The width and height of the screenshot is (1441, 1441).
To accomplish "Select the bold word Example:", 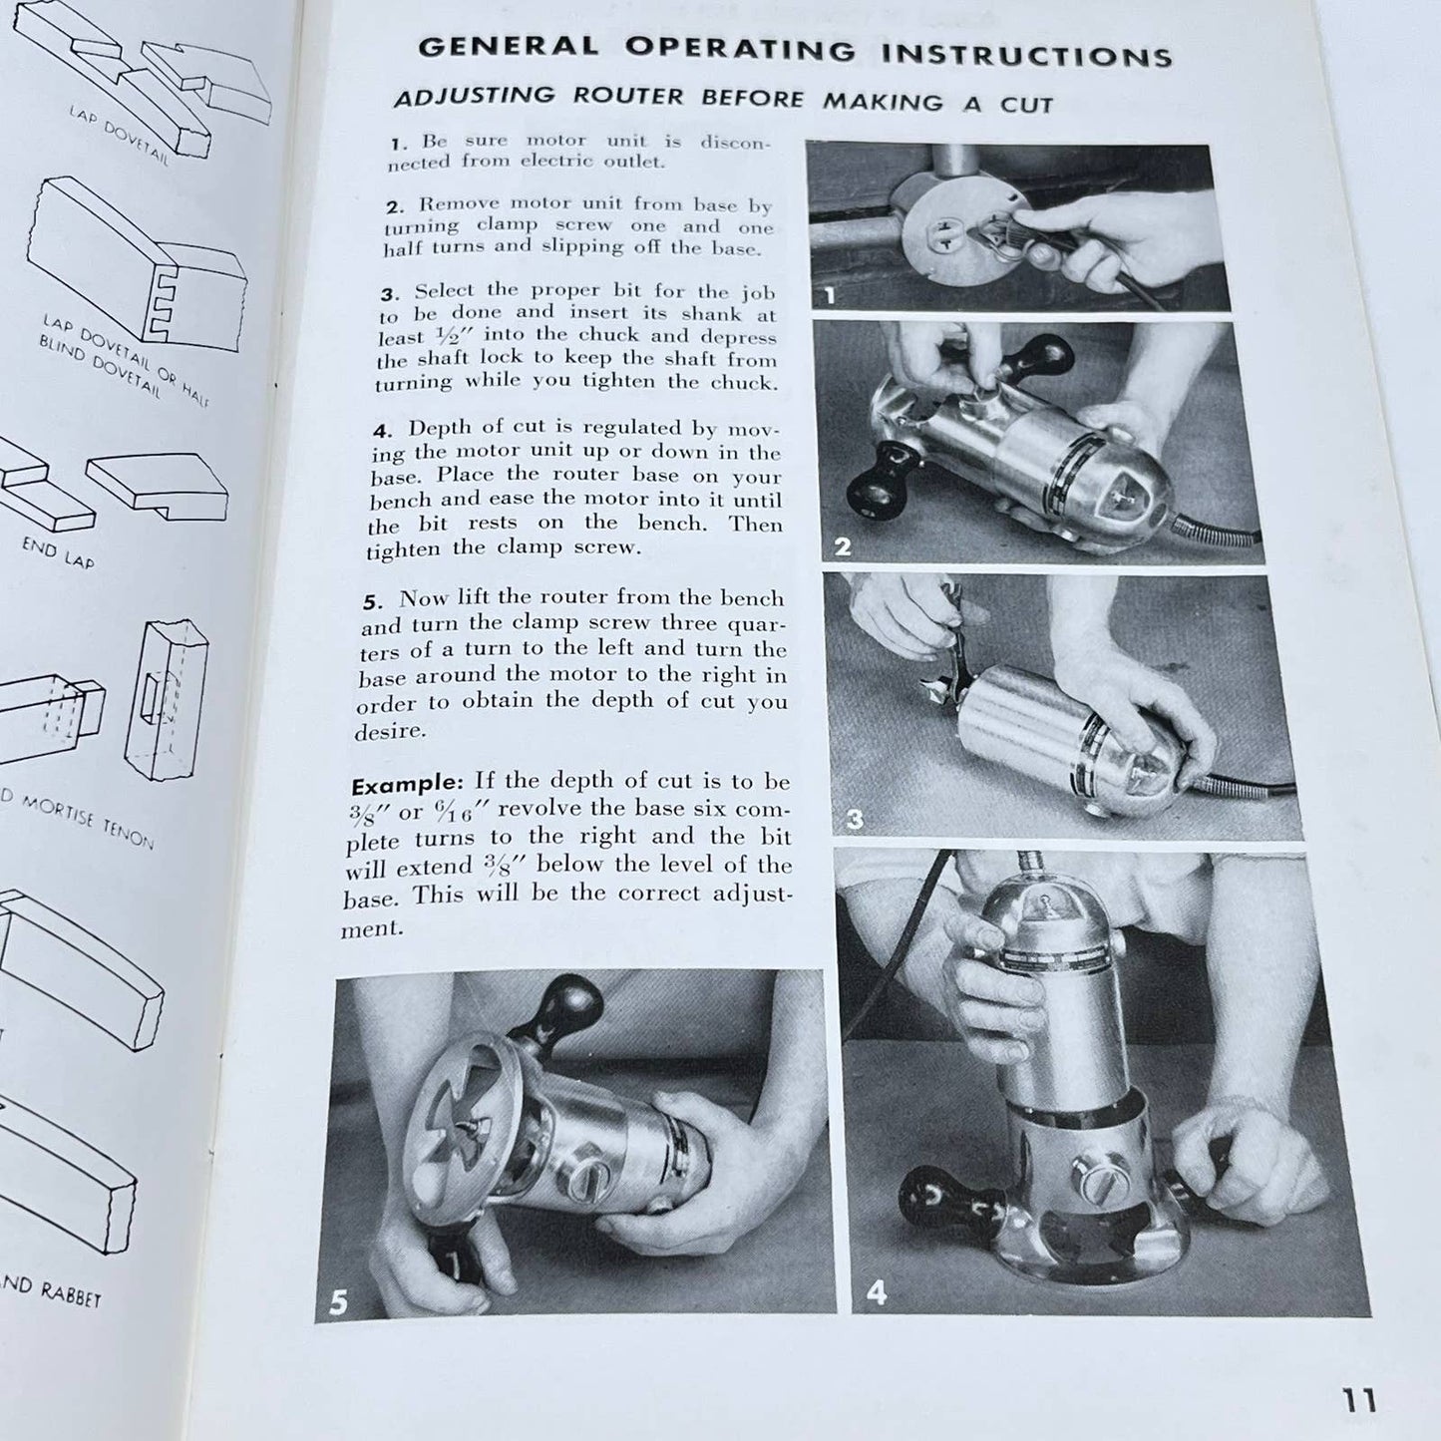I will tap(408, 783).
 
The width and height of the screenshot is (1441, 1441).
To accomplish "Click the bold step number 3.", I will tap(390, 294).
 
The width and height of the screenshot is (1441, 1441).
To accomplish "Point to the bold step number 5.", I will tap(372, 601).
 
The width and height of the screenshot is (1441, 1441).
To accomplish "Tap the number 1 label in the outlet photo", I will tap(827, 295).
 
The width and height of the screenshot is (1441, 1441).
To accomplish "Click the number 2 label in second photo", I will tap(843, 547).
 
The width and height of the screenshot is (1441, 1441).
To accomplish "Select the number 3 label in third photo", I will tap(854, 820).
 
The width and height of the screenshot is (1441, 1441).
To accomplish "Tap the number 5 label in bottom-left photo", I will tap(339, 1302).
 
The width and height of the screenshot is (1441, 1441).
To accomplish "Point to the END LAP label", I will tap(58, 551).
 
